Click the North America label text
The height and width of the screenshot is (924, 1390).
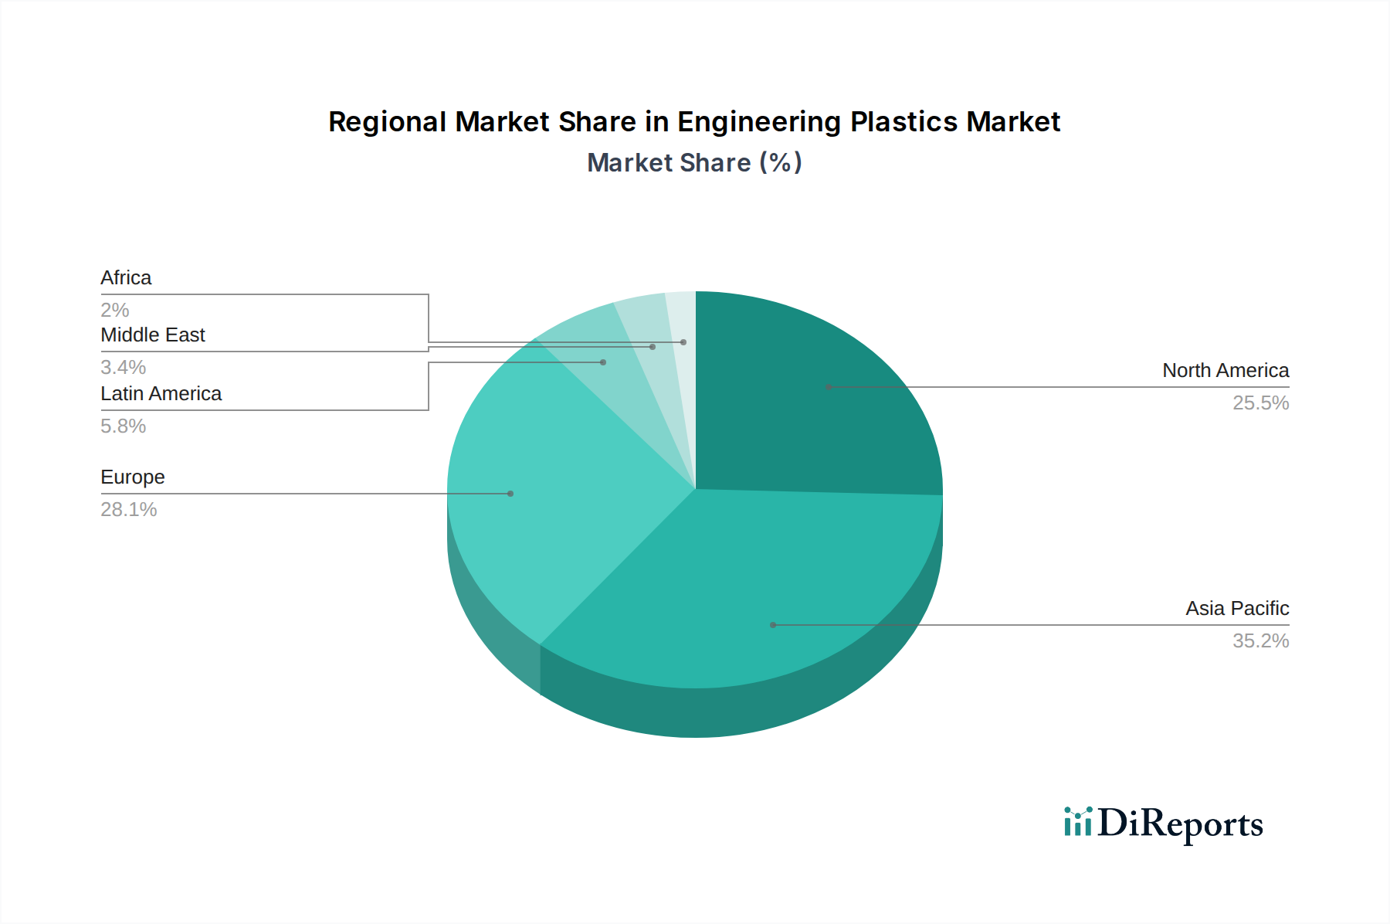pyautogui.click(x=1226, y=371)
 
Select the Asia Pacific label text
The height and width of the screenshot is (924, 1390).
pyautogui.click(x=1237, y=609)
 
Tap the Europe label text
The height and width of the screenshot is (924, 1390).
pyautogui.click(x=133, y=477)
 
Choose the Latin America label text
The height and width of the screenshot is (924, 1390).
pyautogui.click(x=161, y=394)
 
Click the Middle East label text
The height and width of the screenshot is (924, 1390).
pyautogui.click(x=153, y=335)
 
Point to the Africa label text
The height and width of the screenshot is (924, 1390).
pyautogui.click(x=126, y=278)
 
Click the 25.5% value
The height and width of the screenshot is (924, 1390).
pyautogui.click(x=1260, y=403)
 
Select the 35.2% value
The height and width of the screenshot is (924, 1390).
pyautogui.click(x=1260, y=641)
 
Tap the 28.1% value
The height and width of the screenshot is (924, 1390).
pyautogui.click(x=129, y=510)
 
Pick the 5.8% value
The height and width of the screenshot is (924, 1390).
pyautogui.click(x=124, y=426)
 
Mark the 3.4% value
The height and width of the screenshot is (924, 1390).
pyautogui.click(x=124, y=368)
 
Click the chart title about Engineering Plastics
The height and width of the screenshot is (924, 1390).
pyautogui.click(x=694, y=122)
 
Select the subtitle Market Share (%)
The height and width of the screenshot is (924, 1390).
pyautogui.click(x=694, y=163)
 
